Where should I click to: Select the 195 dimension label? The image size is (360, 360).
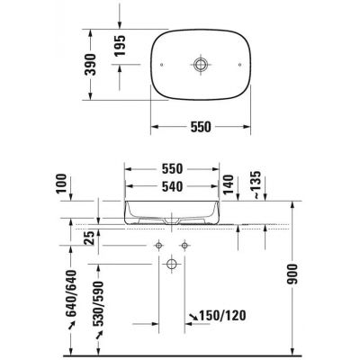point(117,48)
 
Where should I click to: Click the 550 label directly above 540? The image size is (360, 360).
point(171,169)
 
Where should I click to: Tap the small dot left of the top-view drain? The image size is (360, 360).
point(161,66)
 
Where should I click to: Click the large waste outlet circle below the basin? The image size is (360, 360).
point(171,264)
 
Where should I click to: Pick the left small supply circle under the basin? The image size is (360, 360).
point(158,246)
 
